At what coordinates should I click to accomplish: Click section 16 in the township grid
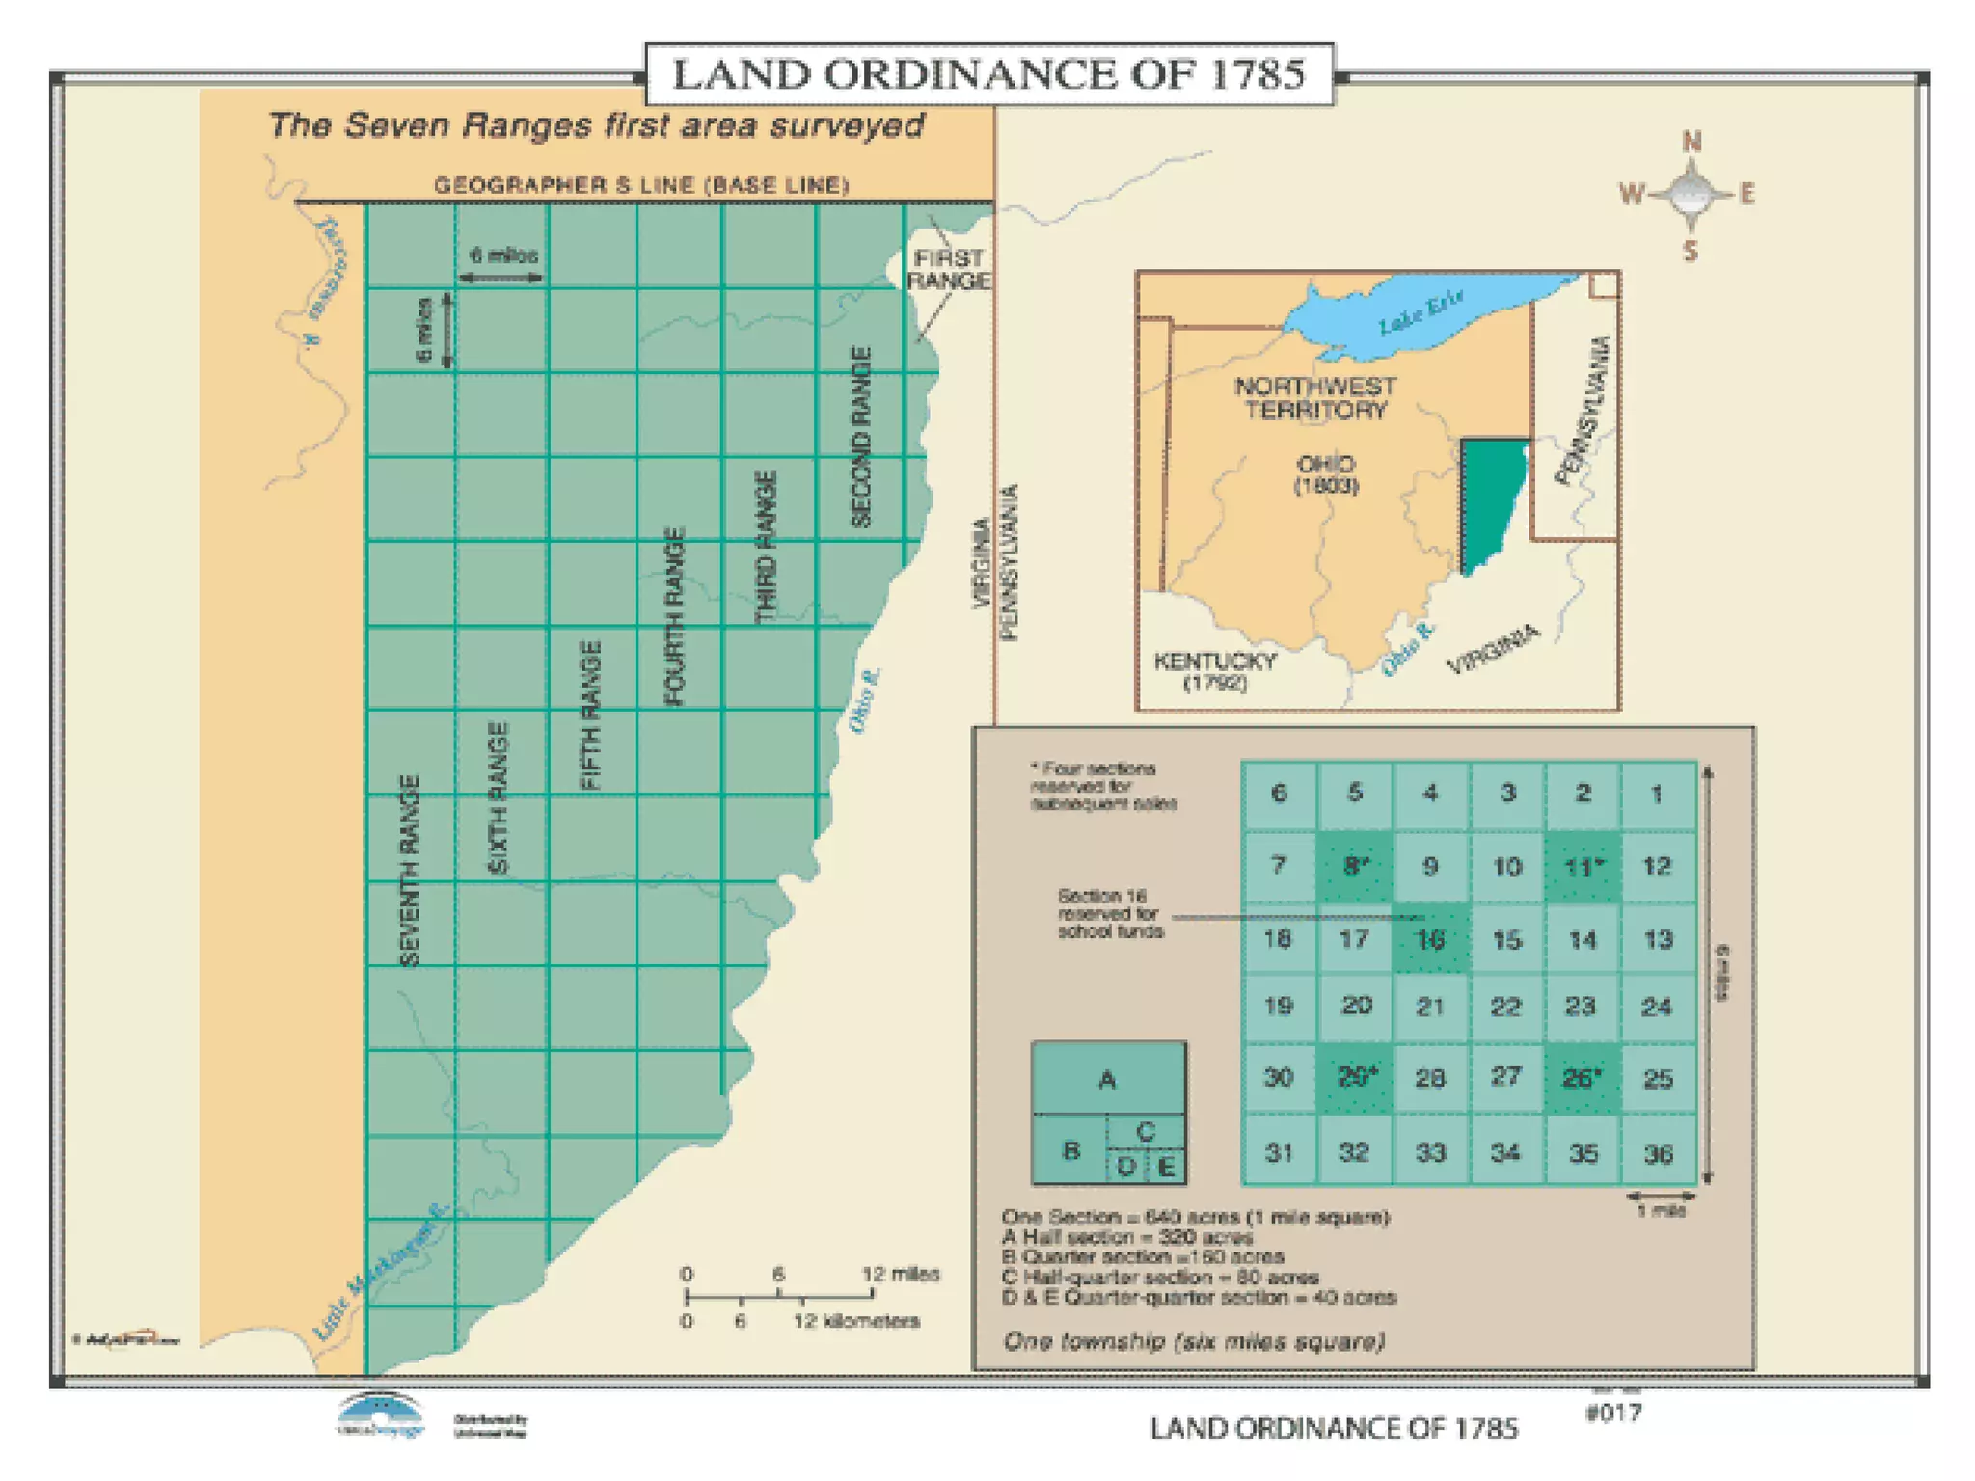coord(1430,938)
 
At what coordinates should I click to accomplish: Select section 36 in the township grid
coord(1658,1152)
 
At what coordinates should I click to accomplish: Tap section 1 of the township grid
coord(1657,794)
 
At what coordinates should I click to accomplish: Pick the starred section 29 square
coord(1355,1078)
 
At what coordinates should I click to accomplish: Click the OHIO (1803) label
coord(1326,474)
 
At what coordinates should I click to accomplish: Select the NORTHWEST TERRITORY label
coord(1314,397)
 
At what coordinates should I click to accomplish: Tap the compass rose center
coord(1691,196)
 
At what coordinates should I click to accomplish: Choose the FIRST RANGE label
coord(949,269)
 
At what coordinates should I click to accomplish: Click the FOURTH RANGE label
coord(675,616)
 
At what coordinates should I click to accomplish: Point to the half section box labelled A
coord(1108,1079)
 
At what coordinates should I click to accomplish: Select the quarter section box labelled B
coord(1070,1149)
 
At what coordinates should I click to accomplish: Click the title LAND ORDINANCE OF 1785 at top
coord(988,74)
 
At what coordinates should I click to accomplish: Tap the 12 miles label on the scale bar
coord(900,1274)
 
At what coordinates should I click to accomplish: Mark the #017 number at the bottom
coord(1612,1413)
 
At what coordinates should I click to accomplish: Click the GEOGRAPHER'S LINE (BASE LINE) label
coord(641,185)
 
